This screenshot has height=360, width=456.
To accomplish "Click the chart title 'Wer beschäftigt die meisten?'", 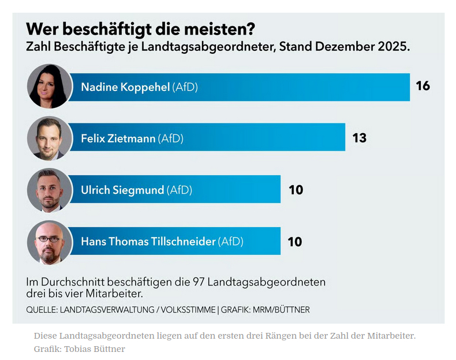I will tap(141, 29).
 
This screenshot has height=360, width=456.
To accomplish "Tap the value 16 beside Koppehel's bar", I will tap(423, 86).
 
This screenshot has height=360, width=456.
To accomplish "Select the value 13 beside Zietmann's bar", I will tap(359, 138).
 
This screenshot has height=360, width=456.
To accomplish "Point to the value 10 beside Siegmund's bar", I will tap(296, 190).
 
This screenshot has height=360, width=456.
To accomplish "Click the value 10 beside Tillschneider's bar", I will tap(294, 242).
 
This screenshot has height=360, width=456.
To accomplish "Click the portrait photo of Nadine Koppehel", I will tap(49, 87).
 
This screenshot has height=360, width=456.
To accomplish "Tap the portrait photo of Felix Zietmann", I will tap(49, 138).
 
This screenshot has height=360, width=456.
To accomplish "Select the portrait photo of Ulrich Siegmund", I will tap(49, 190).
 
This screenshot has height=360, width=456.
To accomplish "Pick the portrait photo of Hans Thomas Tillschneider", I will tap(49, 242).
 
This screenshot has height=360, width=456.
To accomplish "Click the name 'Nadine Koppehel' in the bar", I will tap(125, 87).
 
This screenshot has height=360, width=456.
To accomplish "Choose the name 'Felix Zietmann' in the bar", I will tap(118, 139).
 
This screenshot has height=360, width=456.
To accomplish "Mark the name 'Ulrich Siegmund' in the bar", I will tap(122, 190).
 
